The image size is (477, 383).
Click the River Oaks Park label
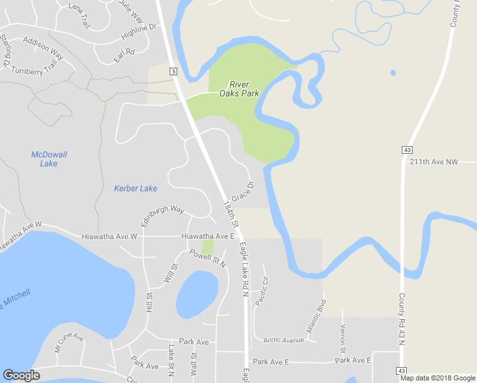tap(239, 89)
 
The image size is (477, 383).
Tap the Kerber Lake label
tap(135, 188)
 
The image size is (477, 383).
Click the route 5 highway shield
tap(173, 71)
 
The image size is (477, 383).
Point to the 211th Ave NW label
tap(434, 162)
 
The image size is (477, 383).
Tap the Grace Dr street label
tap(242, 191)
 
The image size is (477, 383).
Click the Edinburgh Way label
tap(163, 215)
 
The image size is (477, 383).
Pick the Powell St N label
tap(208, 257)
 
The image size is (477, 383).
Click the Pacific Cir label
tap(262, 291)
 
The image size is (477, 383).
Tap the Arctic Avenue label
tap(284, 340)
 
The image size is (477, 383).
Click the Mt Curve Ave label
tap(69, 342)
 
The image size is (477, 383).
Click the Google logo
tap(21, 375)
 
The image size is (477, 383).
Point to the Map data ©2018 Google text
tap(438, 378)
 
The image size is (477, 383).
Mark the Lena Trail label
tap(80, 16)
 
